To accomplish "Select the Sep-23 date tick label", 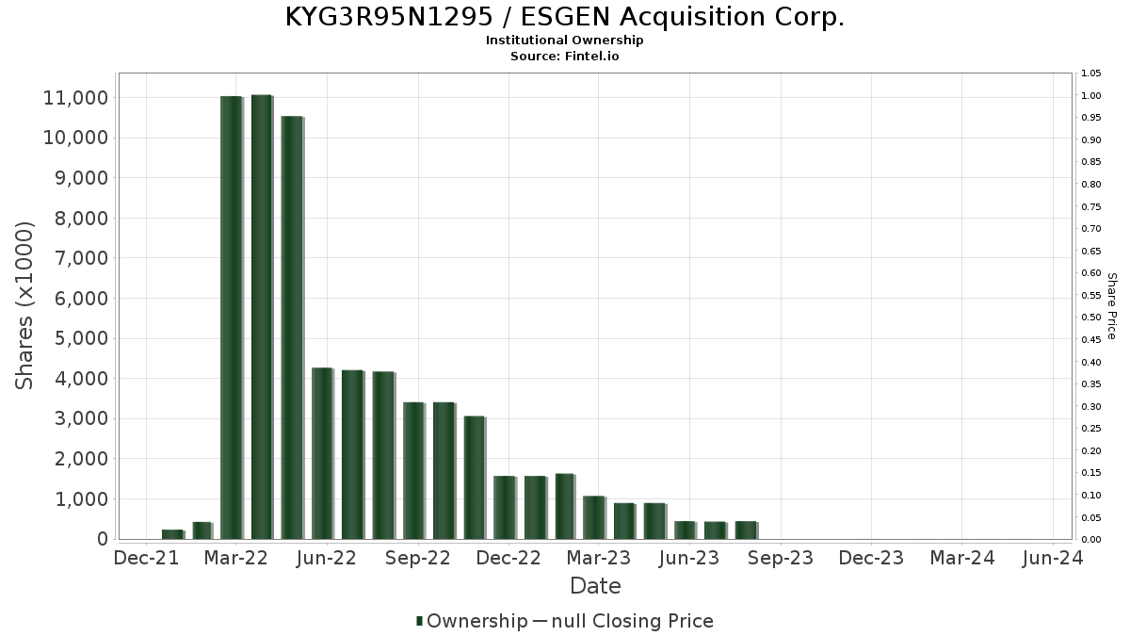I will click(x=780, y=558).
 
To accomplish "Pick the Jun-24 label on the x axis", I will click(x=1052, y=558).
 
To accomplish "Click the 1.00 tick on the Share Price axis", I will click(x=1090, y=95).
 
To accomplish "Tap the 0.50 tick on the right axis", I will click(x=1090, y=318).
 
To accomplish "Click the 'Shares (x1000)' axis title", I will click(x=25, y=305).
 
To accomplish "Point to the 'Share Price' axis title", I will click(x=1111, y=306).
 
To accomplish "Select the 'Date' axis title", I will click(x=595, y=586).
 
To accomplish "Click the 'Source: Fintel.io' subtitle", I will click(x=564, y=56).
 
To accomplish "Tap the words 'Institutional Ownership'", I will click(x=564, y=41).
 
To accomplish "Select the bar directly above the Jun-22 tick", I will click(x=322, y=453).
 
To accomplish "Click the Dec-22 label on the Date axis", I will click(x=508, y=558).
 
